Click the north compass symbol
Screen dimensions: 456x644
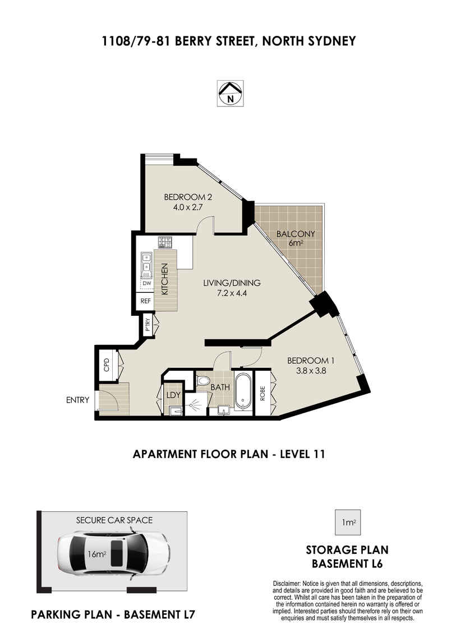231,93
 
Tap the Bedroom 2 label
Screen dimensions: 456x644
188,197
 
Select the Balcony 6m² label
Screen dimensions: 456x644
296,238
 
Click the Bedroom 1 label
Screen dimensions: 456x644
310,361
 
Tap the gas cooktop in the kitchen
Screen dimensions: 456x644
165,242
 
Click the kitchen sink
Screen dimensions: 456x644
146,264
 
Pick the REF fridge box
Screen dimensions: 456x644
146,301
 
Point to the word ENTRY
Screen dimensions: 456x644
78,400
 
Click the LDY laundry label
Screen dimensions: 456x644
173,395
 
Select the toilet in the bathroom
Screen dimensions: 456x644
203,380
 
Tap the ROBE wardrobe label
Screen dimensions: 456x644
262,394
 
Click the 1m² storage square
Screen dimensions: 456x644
348,522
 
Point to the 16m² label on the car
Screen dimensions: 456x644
97,554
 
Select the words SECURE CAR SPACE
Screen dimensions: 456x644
114,520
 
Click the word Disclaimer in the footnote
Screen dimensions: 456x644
286,584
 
